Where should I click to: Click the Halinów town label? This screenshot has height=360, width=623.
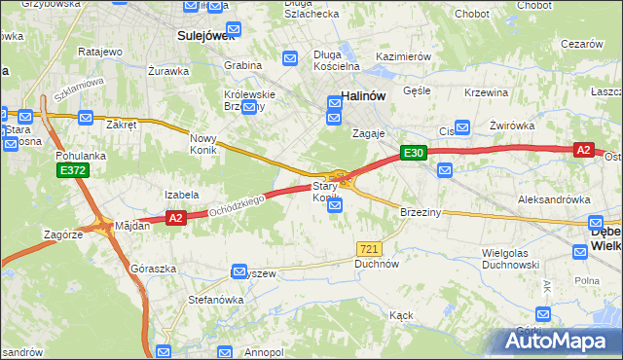[365, 95]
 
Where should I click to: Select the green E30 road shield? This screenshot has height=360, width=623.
[413, 153]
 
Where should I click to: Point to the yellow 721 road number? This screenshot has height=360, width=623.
[368, 250]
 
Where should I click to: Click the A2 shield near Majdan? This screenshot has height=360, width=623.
[175, 219]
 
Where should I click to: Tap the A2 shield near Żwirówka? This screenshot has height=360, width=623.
[583, 149]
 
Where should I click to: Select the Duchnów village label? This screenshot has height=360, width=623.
[378, 264]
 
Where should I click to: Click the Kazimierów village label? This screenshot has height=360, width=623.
[403, 57]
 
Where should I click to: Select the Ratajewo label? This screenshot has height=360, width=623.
[98, 51]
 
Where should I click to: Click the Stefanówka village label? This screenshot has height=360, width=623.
[215, 300]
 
